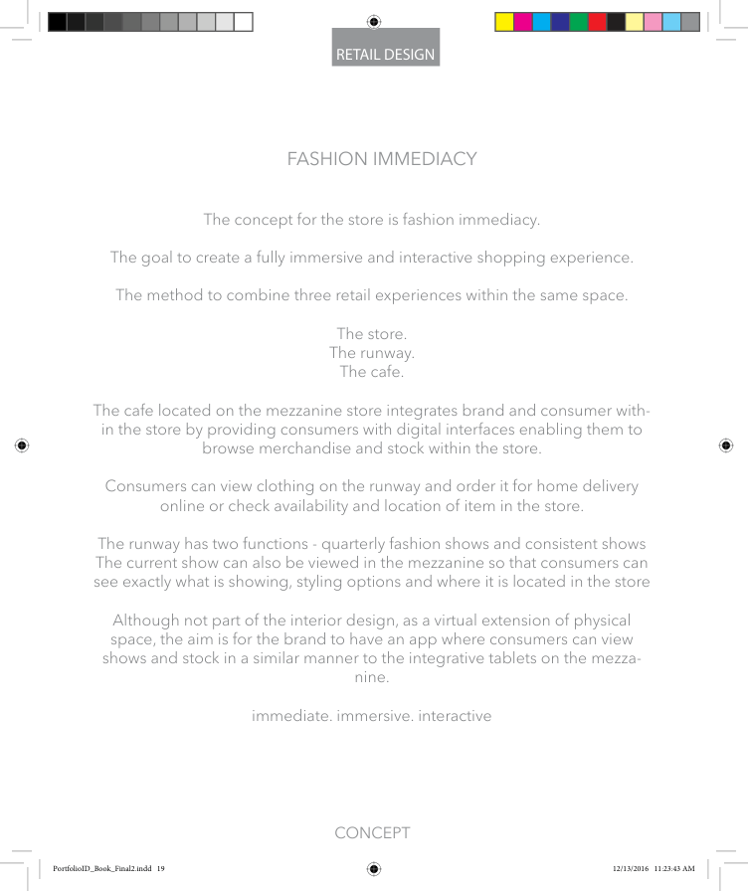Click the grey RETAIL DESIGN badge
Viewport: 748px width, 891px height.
386,54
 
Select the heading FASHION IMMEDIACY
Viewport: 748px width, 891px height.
381,159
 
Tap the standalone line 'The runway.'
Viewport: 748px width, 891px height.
372,353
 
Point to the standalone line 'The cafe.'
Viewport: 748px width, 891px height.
372,373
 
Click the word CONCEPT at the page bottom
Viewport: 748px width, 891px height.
372,833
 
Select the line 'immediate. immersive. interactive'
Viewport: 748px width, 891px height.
372,715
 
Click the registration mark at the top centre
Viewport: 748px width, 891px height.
374,20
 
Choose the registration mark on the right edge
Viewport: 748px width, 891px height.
726,445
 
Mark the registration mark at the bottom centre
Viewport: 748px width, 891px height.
374,869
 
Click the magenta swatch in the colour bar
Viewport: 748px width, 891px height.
523,22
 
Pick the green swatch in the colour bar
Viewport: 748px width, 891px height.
578,22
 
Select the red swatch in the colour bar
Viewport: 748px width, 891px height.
597,22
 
